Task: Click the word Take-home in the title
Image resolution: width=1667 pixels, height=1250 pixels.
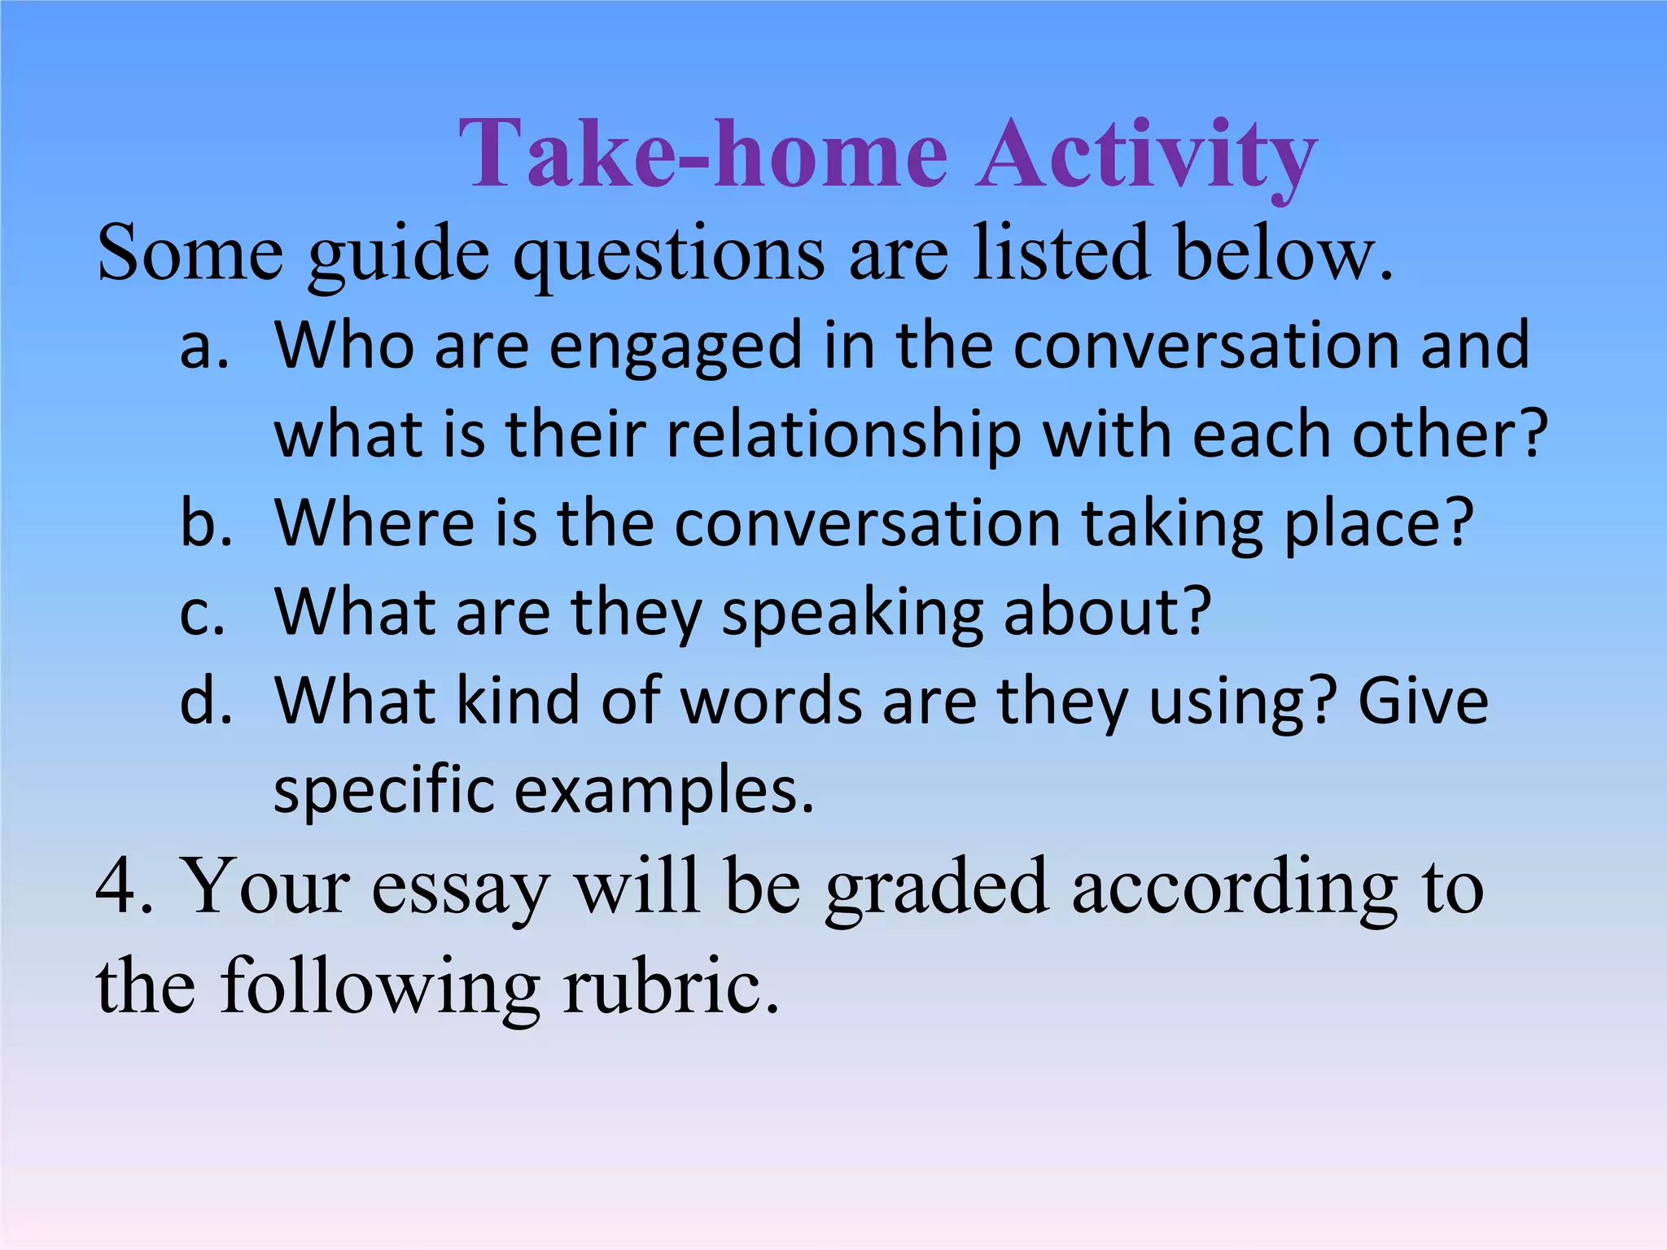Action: [x=703, y=155]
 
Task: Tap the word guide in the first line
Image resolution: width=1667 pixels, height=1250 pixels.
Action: [x=399, y=254]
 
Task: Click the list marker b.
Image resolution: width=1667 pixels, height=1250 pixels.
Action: [x=205, y=522]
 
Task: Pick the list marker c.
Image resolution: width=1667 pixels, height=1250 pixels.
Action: [x=202, y=612]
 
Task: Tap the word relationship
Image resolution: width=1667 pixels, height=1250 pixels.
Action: [x=843, y=435]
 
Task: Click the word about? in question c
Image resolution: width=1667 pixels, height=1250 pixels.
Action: [x=1107, y=612]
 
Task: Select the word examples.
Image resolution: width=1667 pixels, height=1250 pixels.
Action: [x=663, y=791]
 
